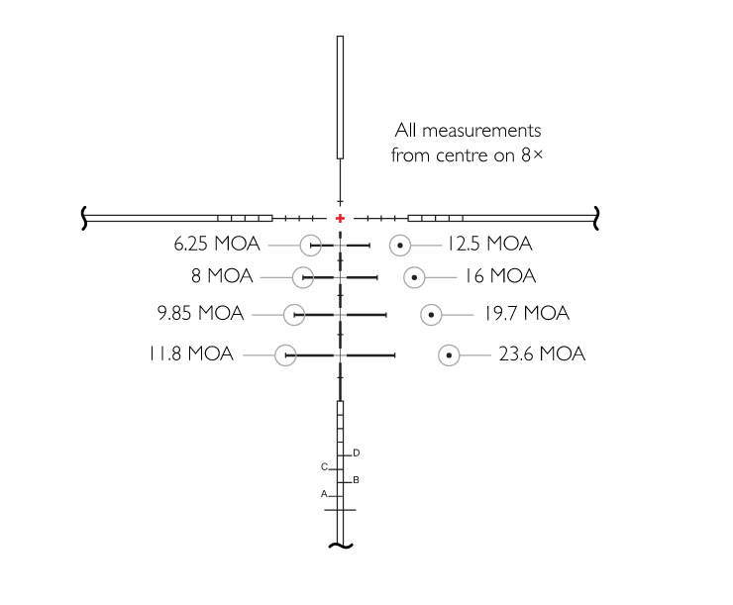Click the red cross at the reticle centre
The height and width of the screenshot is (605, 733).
coord(340,218)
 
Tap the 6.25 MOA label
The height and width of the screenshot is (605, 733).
coord(217,244)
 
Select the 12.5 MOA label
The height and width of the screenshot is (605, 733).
coord(490,244)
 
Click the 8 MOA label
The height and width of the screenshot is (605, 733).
coord(222,275)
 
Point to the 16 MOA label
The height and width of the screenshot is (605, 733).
coord(500,275)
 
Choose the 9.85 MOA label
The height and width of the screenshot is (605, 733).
coord(200,313)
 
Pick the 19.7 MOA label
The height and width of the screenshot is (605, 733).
coord(527,313)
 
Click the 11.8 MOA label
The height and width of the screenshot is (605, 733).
coord(191,353)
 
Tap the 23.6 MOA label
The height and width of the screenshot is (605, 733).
coord(542,353)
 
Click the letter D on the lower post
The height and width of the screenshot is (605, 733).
coord(357,453)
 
